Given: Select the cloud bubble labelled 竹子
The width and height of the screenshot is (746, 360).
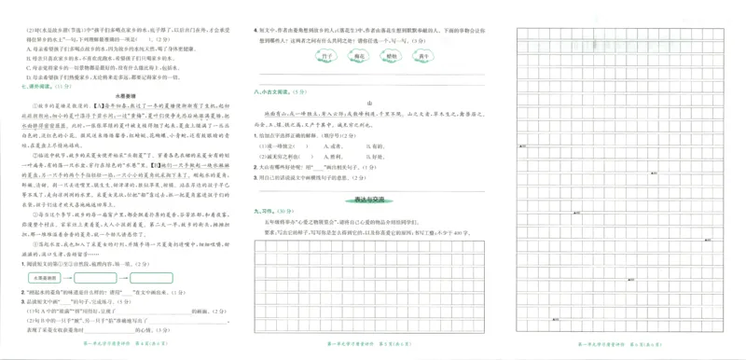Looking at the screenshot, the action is click(326, 58).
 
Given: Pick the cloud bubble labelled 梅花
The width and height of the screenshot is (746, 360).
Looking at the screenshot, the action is click(359, 58).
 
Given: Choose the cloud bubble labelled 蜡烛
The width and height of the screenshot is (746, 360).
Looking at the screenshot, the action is click(392, 58).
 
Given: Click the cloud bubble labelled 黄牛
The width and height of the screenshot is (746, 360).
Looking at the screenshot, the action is click(424, 58).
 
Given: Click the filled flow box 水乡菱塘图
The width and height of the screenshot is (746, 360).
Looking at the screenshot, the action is click(43, 278).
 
